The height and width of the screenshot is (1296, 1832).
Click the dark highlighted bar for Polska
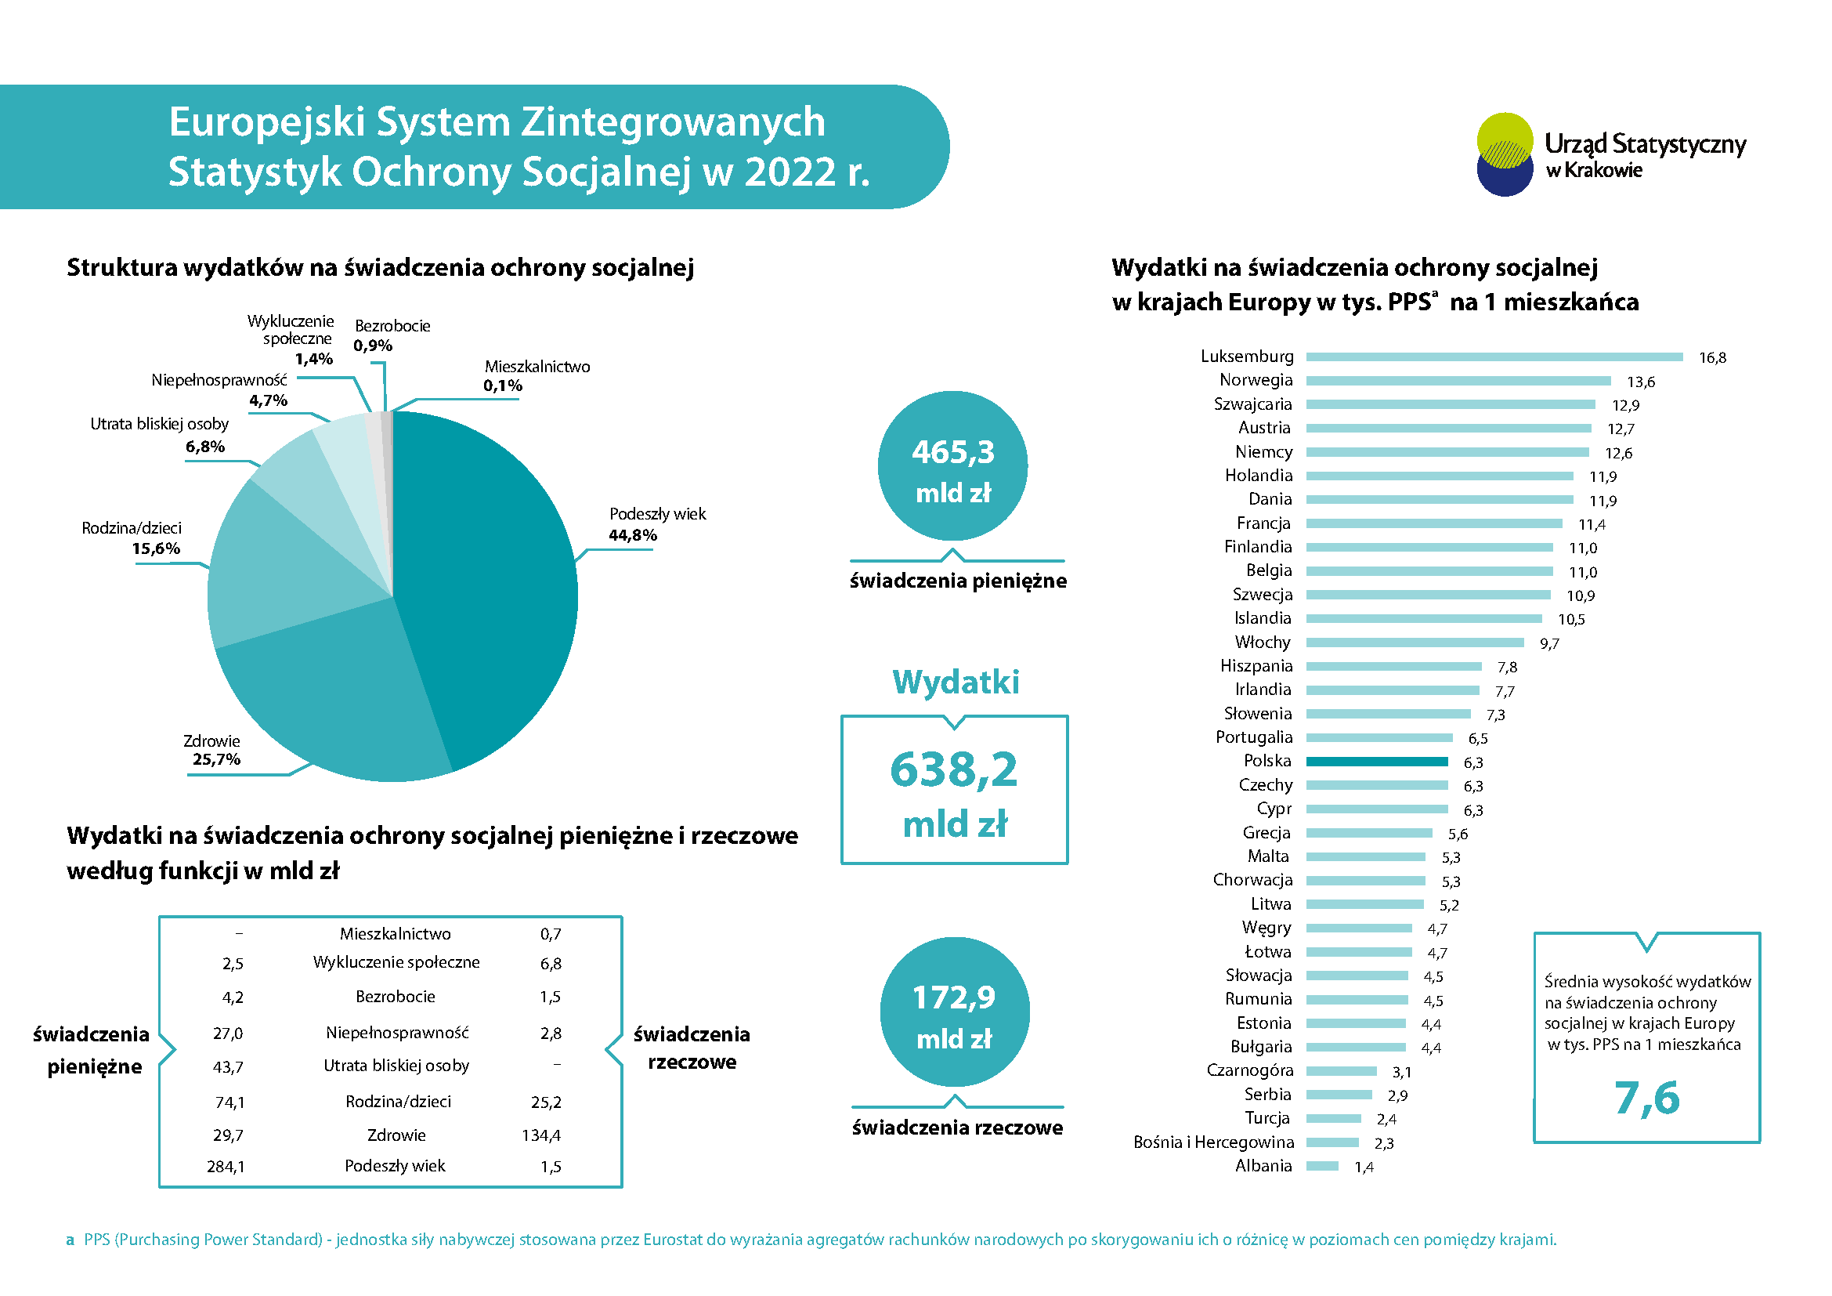[1376, 762]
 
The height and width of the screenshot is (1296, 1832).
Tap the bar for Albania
[1321, 1166]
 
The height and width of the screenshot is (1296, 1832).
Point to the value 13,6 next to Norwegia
[1641, 382]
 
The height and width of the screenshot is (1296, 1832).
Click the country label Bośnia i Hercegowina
[1212, 1142]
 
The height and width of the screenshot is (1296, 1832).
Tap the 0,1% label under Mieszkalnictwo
[503, 386]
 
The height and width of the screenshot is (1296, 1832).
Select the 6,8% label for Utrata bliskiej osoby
[205, 447]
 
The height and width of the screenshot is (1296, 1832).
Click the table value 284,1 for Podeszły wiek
[226, 1167]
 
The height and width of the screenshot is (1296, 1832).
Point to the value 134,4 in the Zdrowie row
[541, 1135]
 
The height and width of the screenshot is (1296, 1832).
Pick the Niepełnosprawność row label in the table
[396, 1033]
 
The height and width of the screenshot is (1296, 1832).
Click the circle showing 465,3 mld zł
[952, 466]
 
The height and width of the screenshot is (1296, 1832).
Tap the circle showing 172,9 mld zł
[954, 1012]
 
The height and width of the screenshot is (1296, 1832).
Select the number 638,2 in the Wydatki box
[953, 770]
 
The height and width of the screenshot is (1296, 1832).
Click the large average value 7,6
[1646, 1098]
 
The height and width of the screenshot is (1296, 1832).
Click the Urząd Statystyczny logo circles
[1505, 154]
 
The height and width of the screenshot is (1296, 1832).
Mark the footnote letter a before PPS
[70, 1240]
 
